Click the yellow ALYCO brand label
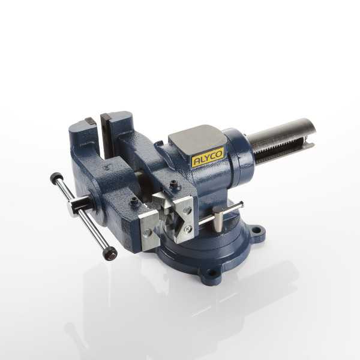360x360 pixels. (208, 157)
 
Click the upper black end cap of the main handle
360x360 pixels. (56, 178)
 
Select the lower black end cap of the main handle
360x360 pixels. (110, 253)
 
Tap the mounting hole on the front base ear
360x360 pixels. (212, 273)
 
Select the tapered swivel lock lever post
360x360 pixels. (218, 219)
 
